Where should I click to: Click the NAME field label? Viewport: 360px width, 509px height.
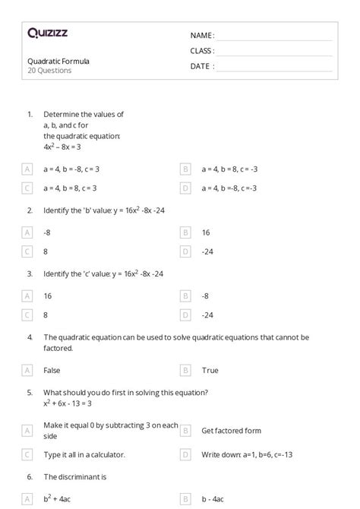coord(202,35)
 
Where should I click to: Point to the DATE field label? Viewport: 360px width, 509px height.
coord(202,66)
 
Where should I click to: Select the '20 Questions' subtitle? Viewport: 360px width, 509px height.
coord(49,71)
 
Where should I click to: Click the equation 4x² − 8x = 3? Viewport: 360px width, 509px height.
coord(62,147)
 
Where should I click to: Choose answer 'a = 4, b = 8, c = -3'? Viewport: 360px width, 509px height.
coord(229,169)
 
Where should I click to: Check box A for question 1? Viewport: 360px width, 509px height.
coord(27,169)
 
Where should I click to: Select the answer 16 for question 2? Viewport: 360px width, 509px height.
coord(206,232)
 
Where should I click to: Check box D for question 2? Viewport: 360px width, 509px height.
coord(185,251)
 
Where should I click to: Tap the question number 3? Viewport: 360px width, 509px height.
coord(30,273)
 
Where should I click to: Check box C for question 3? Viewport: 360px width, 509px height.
coord(27,315)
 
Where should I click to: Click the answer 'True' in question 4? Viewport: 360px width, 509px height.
coord(210,371)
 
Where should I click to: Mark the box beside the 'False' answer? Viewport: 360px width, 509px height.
coord(27,371)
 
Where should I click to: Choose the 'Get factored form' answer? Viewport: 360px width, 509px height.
coord(231,431)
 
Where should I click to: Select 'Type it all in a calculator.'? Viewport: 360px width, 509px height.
coord(84,454)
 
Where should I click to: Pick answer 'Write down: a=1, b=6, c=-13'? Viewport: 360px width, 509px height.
coord(246,454)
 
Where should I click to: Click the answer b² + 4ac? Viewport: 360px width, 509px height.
coord(58,498)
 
